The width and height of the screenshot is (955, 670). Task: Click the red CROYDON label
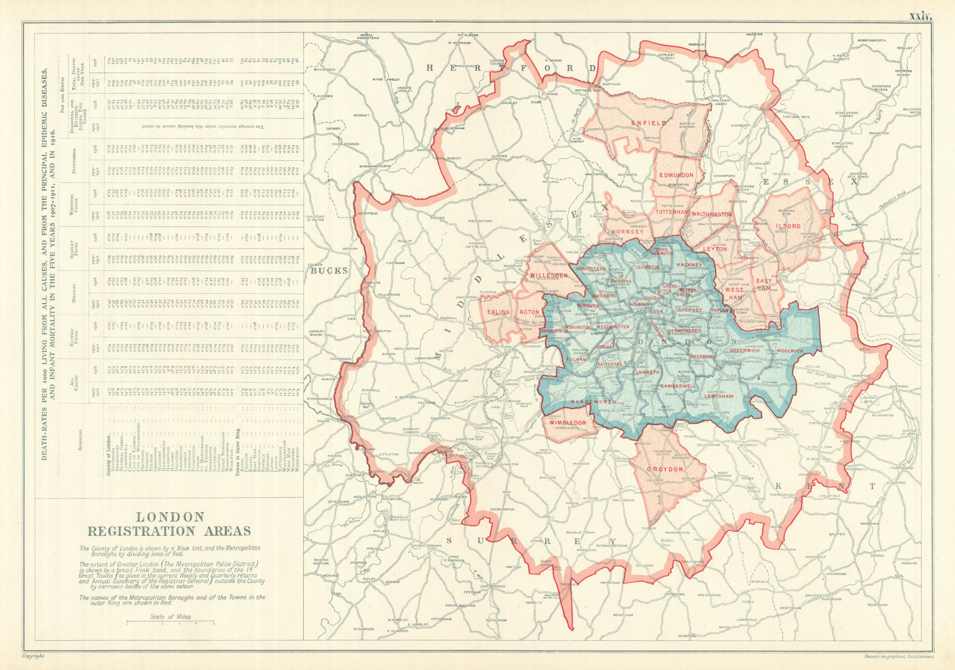[665, 469]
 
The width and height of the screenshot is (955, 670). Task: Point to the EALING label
[498, 312]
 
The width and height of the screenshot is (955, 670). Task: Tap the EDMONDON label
[676, 176]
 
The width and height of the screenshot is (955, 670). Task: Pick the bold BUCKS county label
[328, 271]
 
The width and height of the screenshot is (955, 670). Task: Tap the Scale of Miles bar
[171, 623]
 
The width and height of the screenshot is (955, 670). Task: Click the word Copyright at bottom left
[33, 656]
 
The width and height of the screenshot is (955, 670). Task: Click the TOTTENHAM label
[672, 212]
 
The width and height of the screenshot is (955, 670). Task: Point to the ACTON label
[529, 312]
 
